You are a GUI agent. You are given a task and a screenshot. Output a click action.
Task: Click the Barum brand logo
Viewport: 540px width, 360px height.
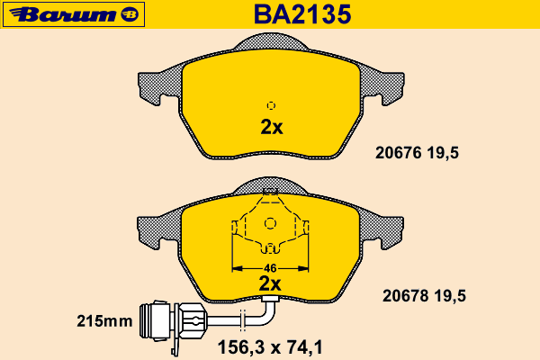[74, 14]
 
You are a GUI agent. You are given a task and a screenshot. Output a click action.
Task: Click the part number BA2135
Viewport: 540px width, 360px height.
[302, 14]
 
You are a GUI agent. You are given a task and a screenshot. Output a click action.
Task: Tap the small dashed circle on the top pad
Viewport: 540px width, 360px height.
[271, 105]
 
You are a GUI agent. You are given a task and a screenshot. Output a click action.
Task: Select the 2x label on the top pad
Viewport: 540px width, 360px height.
[272, 127]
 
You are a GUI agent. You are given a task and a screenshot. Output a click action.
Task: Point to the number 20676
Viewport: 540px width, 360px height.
[399, 153]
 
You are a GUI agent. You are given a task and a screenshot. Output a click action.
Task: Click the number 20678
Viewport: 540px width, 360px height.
[406, 296]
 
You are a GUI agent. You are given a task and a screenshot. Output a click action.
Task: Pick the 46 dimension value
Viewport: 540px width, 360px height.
[270, 268]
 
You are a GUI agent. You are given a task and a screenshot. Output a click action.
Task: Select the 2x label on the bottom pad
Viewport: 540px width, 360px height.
[270, 283]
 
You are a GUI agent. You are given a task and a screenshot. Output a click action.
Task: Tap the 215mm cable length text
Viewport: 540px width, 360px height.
[104, 321]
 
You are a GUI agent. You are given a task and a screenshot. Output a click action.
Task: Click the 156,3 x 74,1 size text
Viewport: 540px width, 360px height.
[270, 347]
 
